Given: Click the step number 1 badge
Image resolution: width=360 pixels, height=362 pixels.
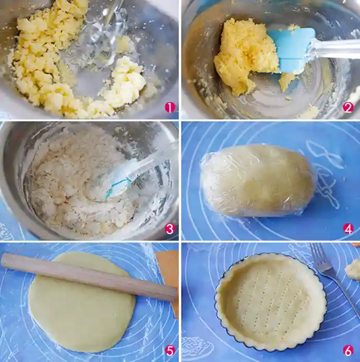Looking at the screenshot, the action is click(x=170, y=108).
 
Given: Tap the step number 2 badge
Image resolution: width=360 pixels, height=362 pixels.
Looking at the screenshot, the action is click(x=348, y=108).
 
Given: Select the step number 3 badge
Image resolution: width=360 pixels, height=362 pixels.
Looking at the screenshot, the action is click(x=170, y=229).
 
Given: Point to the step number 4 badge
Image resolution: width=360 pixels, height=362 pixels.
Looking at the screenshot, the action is click(x=348, y=229).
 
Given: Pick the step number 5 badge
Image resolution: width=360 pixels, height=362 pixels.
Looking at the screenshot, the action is click(x=170, y=351).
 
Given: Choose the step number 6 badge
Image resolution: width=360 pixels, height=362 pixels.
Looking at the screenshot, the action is click(x=348, y=351).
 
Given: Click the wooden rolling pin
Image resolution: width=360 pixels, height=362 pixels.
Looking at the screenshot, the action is click(x=89, y=277).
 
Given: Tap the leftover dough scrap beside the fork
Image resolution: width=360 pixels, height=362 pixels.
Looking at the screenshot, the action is click(x=353, y=270).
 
